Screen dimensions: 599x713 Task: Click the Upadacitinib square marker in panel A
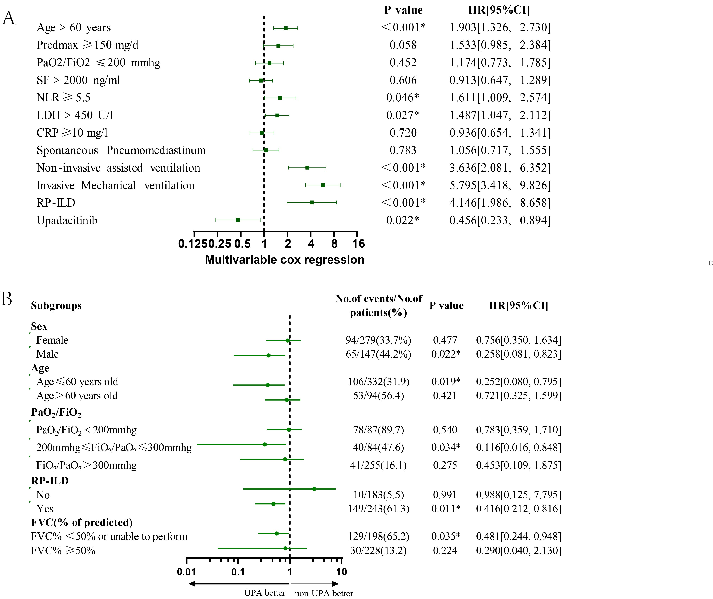tap(238, 220)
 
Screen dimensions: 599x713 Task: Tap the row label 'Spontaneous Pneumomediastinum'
tap(121, 150)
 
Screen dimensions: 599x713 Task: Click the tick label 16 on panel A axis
tap(358, 244)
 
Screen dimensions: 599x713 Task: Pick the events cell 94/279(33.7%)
tap(378, 340)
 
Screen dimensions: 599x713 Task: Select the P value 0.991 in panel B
tap(445, 495)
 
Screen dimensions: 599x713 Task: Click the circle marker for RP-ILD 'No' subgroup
tap(314, 489)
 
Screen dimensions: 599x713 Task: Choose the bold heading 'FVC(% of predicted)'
tap(81, 522)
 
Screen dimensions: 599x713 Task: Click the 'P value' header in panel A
tap(403, 10)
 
